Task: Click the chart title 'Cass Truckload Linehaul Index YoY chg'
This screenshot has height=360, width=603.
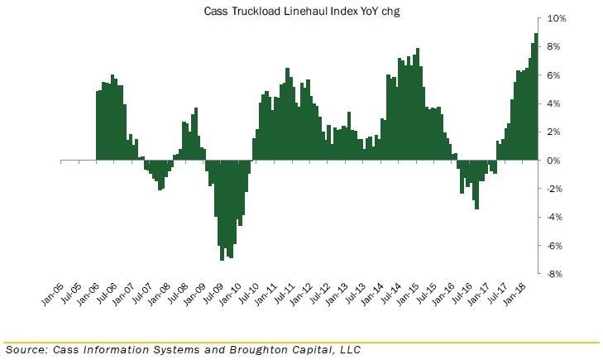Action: (301, 11)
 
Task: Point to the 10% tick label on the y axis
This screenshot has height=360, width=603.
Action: (557, 18)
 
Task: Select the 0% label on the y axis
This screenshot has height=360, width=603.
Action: (553, 161)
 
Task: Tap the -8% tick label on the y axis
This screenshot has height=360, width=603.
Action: (554, 274)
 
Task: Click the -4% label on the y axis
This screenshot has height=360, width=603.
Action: (554, 217)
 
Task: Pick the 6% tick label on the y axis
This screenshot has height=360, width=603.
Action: (553, 75)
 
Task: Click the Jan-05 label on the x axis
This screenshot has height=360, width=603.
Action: (52, 295)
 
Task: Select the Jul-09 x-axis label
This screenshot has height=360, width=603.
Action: (212, 295)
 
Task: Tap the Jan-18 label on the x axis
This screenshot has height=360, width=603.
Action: (514, 295)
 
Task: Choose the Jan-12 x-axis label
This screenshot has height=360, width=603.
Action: (301, 295)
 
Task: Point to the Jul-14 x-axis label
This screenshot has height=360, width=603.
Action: (390, 295)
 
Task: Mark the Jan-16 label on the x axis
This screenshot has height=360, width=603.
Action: (443, 295)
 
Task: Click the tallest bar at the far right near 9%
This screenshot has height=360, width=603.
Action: (536, 97)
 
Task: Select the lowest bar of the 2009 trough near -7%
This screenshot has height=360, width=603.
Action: (222, 210)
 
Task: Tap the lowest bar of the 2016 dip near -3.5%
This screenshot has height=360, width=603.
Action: (477, 185)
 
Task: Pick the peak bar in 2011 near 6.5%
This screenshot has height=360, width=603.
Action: (287, 114)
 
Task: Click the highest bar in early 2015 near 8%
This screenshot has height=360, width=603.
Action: (418, 104)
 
